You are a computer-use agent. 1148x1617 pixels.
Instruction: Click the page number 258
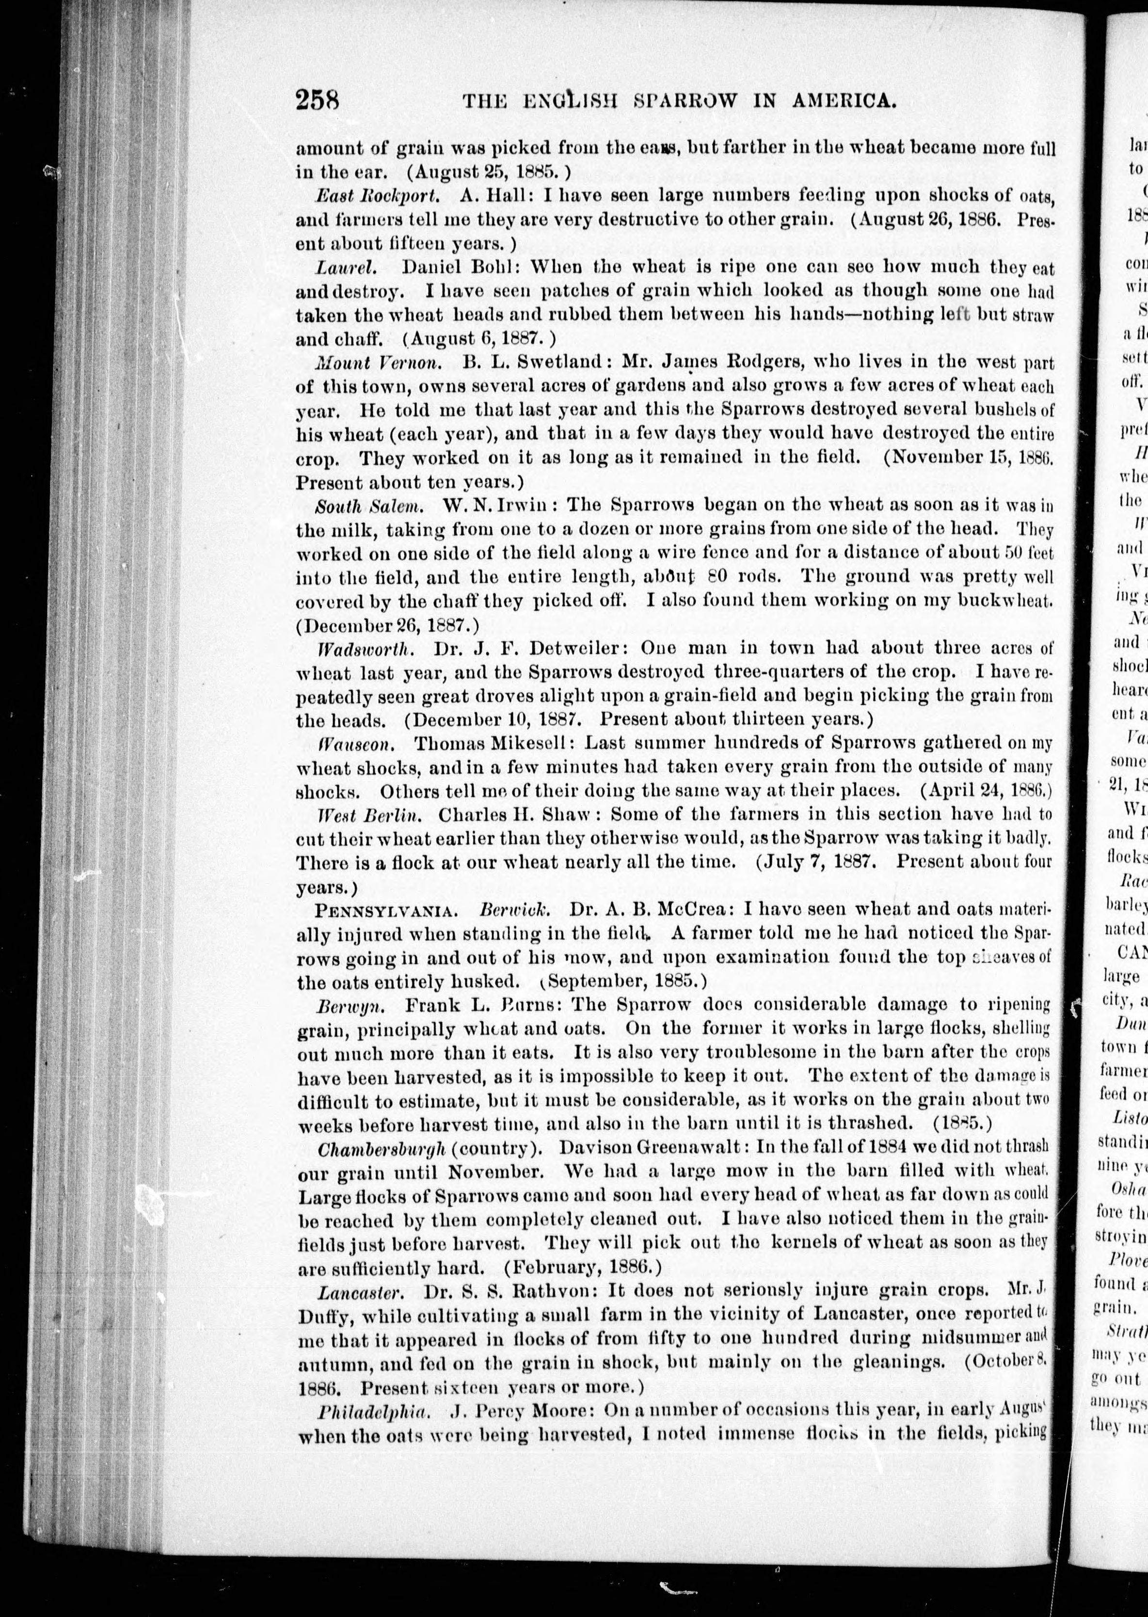318,100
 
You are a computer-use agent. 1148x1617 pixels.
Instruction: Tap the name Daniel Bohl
459,267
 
